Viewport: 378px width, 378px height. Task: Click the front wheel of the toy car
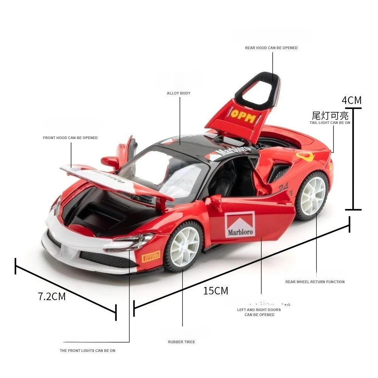tap(184, 247)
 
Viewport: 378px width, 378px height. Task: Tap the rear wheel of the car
tap(313, 195)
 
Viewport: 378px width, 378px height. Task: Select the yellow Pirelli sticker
tap(150, 257)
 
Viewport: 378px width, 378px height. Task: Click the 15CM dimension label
tap(216, 291)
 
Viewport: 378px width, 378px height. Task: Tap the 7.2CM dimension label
tap(52, 296)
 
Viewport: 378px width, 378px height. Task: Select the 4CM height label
tap(352, 100)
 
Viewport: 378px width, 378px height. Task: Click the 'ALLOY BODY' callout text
tap(178, 93)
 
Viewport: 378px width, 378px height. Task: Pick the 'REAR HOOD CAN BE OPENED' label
tap(271, 48)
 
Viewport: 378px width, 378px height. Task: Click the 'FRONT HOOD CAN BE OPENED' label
tap(70, 138)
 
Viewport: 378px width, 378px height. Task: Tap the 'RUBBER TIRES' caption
tap(181, 342)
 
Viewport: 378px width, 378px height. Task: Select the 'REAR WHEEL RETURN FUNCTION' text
tap(315, 282)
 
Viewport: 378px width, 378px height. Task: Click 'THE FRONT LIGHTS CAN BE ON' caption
tap(88, 351)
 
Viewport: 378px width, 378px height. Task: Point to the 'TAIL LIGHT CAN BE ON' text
tap(330, 123)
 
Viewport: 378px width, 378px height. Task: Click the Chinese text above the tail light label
tap(330, 115)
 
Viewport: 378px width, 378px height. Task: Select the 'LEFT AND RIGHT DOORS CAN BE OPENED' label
tap(259, 312)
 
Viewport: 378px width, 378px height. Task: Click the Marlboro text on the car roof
tap(233, 152)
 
